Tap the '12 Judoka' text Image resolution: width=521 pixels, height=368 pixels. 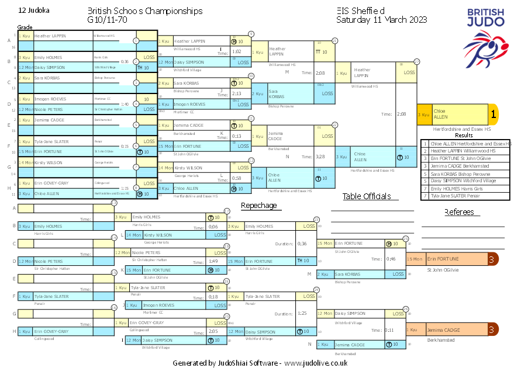(x=34, y=11)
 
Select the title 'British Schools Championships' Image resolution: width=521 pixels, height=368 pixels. (x=145, y=11)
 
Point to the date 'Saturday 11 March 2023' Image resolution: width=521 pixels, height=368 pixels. (x=381, y=20)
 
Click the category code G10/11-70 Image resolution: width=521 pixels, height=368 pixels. (x=107, y=20)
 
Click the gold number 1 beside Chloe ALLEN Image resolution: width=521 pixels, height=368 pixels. (x=493, y=114)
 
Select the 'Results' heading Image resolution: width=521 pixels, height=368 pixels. (x=464, y=136)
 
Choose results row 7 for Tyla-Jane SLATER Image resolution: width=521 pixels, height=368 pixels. (x=465, y=196)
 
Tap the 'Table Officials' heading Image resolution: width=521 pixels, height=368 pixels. (x=367, y=196)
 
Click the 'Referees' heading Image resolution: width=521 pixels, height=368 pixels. (x=463, y=212)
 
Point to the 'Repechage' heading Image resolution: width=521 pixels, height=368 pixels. (x=259, y=206)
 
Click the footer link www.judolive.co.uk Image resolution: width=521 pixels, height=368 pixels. (x=316, y=363)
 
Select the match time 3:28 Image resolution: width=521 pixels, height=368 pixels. (x=320, y=157)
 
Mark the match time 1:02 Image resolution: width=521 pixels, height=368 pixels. (x=237, y=51)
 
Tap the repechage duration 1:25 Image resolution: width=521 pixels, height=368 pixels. (x=302, y=313)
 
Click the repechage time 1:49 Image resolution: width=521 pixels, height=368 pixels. (x=213, y=261)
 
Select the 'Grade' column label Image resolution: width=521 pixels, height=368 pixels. (x=25, y=27)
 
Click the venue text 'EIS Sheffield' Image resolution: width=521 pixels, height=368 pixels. (x=361, y=11)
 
